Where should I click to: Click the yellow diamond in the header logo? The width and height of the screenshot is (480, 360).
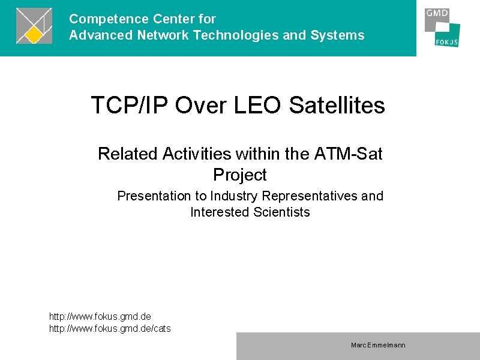pyautogui.click(x=34, y=35)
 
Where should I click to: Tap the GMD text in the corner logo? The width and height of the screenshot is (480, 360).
pyautogui.click(x=437, y=13)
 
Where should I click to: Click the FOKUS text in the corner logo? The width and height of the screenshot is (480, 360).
pyautogui.click(x=446, y=42)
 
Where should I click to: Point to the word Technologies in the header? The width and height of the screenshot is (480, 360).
pyautogui.click(x=235, y=35)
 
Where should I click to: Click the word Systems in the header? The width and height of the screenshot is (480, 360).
pyautogui.click(x=337, y=35)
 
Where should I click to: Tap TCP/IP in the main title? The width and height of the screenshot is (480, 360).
pyautogui.click(x=130, y=105)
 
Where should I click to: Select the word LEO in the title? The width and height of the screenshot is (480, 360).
pyautogui.click(x=257, y=105)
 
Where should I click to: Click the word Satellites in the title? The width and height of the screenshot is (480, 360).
pyautogui.click(x=337, y=105)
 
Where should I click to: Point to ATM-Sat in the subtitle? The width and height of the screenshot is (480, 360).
pyautogui.click(x=349, y=154)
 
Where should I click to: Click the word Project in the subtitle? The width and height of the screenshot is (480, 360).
pyautogui.click(x=239, y=175)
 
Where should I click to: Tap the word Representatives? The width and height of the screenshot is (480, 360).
pyautogui.click(x=310, y=196)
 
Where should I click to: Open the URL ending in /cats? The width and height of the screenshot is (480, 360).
pyautogui.click(x=110, y=328)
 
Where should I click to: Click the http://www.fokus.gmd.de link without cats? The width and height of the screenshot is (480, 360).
pyautogui.click(x=100, y=316)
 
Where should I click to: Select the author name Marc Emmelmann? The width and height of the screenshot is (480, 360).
pyautogui.click(x=378, y=346)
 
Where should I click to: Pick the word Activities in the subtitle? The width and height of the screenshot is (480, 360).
pyautogui.click(x=197, y=154)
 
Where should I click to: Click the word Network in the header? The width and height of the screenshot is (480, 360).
pyautogui.click(x=163, y=35)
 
